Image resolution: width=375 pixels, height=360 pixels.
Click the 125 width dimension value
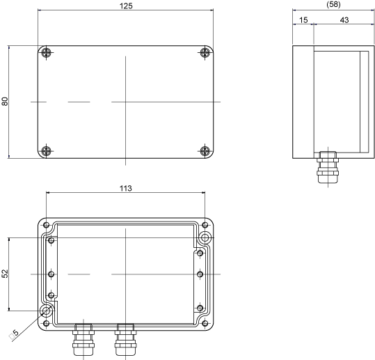(126, 6)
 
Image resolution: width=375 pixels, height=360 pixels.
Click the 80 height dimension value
(5, 102)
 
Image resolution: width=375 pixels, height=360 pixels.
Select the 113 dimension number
(125, 189)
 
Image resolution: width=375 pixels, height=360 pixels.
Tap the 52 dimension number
(5, 274)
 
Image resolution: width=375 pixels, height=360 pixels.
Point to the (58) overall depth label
(333, 4)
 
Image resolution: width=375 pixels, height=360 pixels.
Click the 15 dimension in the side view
(303, 20)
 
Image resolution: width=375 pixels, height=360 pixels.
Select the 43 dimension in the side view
(344, 20)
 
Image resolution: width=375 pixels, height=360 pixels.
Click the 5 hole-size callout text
(14, 334)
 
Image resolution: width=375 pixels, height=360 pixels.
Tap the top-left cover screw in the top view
(46, 52)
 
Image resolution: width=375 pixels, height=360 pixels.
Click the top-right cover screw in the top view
(205, 52)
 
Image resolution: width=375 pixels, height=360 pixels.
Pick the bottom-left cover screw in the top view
(46, 151)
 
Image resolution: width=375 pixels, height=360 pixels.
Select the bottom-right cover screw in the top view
(205, 151)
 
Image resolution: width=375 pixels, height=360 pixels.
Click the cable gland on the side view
(328, 167)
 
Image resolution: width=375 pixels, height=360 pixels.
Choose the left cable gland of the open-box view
(83, 339)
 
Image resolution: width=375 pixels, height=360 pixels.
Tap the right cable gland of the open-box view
(125, 339)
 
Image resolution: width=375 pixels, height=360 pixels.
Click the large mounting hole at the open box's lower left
(46, 311)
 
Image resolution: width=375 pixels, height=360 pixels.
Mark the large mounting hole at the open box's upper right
(205, 237)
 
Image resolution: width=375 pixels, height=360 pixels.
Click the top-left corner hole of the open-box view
(46, 225)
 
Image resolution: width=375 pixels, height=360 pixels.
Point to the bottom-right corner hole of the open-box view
(205, 324)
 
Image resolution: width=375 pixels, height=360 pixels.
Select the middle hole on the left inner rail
(51, 274)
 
